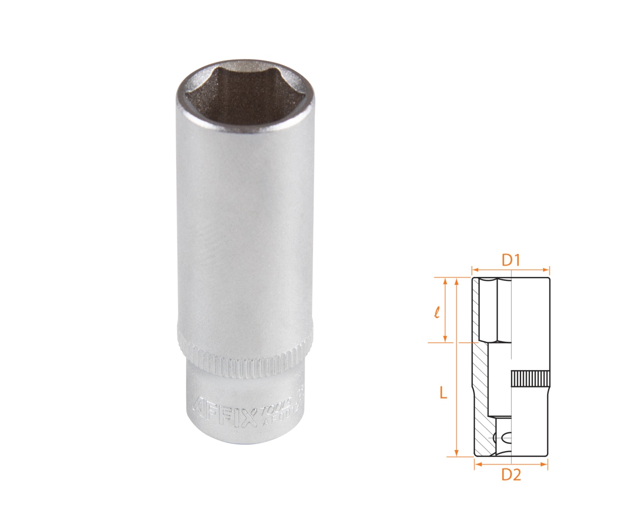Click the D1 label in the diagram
[511, 260]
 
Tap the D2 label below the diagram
[511, 474]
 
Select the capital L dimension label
[443, 393]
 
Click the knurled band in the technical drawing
[530, 379]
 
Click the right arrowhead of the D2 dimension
[546, 465]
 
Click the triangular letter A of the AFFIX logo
[198, 406]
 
